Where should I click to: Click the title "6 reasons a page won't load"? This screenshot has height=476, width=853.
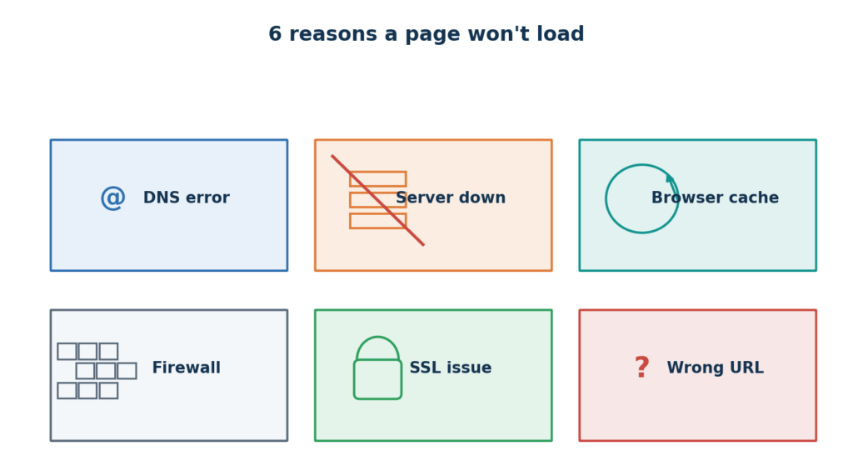(x=426, y=34)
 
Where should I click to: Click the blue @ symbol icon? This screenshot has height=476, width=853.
(x=112, y=198)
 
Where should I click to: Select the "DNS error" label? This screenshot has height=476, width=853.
(x=186, y=198)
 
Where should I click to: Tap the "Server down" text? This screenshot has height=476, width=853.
(x=451, y=198)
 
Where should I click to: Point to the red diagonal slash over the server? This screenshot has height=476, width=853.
(x=377, y=200)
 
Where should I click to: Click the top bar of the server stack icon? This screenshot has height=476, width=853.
(x=377, y=179)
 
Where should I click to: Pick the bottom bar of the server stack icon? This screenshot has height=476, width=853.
(x=377, y=221)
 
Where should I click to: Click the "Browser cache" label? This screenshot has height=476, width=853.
(x=715, y=198)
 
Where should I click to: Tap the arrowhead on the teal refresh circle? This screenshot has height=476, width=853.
(x=671, y=178)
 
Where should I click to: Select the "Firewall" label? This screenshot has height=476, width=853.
(x=186, y=368)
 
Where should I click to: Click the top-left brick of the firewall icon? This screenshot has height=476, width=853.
(x=67, y=351)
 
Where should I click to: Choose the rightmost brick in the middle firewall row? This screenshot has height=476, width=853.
(x=127, y=371)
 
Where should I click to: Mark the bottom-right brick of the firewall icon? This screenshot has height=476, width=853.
(x=108, y=390)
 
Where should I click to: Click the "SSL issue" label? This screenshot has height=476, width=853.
(x=451, y=368)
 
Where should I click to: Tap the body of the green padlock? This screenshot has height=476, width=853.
(x=377, y=379)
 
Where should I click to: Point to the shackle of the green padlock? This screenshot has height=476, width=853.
(x=377, y=338)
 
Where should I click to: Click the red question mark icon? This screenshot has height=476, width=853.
(x=642, y=368)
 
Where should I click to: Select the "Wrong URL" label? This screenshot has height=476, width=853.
(x=715, y=368)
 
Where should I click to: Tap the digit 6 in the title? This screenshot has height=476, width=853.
(x=275, y=34)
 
